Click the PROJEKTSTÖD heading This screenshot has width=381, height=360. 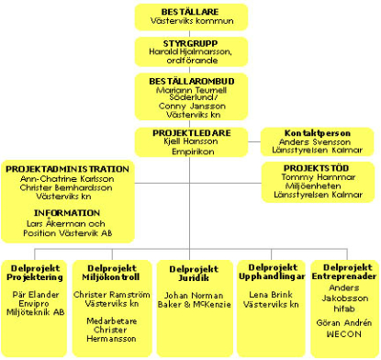[317, 168]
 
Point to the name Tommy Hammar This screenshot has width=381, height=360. [317, 178]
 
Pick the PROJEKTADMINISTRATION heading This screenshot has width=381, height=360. [67, 169]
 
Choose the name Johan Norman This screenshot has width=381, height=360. [191, 295]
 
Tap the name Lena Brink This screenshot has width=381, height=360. [267, 294]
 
